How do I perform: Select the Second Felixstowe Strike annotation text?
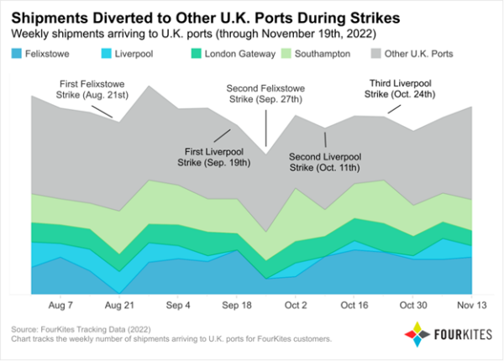(266, 93)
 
